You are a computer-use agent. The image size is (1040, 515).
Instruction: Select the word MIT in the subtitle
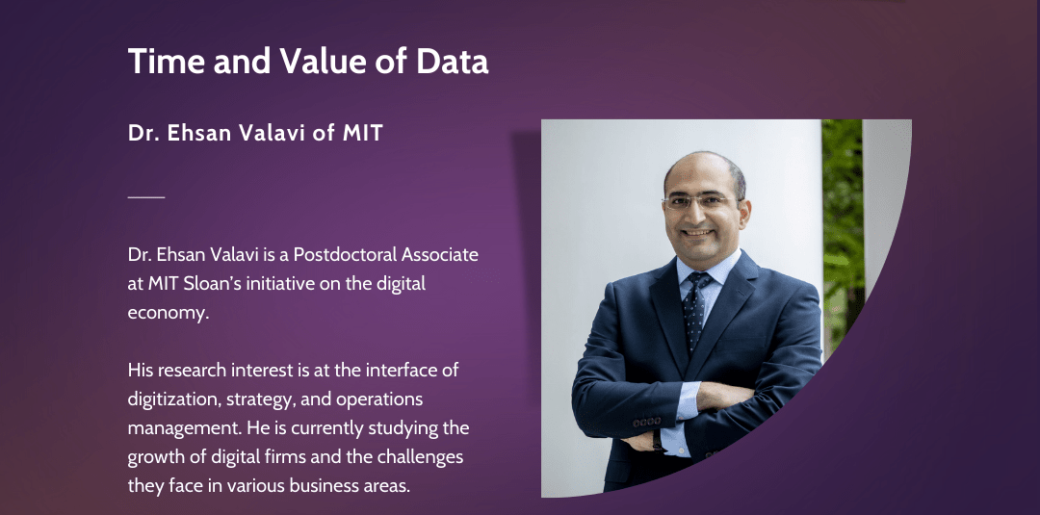[363, 133]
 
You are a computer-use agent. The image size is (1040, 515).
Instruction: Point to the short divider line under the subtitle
[146, 196]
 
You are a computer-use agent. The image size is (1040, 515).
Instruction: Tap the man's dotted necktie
[693, 308]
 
